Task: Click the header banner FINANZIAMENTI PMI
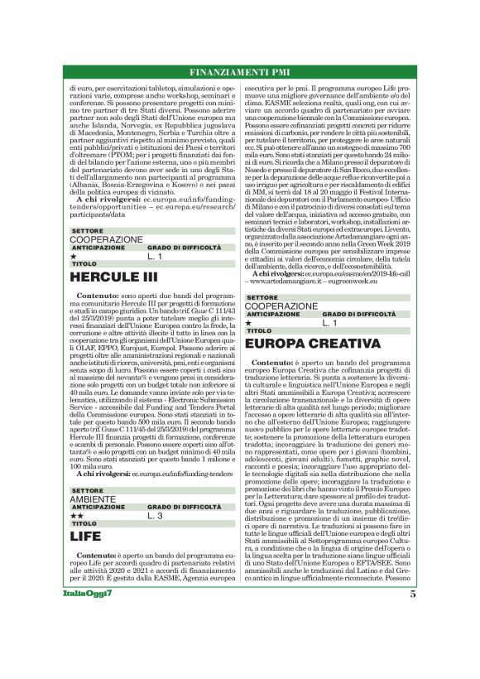240,71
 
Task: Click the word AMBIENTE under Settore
93,498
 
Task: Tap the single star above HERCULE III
74,257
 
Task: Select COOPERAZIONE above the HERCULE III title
106,239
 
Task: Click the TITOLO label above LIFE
84,524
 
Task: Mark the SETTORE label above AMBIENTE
86,490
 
